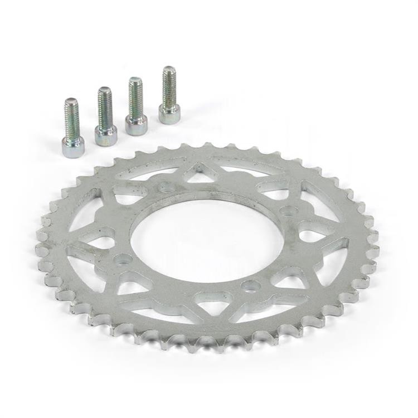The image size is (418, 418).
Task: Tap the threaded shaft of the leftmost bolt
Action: click(x=71, y=117)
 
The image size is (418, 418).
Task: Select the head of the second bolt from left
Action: click(x=105, y=134)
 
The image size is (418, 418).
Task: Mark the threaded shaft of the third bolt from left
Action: click(x=135, y=96)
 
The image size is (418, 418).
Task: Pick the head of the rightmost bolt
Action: click(x=169, y=113)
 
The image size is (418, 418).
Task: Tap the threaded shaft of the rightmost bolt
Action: click(x=169, y=85)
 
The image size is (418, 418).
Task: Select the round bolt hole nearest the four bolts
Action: click(x=166, y=188)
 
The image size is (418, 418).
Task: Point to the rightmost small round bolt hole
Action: click(x=289, y=211)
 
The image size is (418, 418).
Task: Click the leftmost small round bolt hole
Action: click(x=123, y=259)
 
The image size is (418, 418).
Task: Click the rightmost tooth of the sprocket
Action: click(x=373, y=234)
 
